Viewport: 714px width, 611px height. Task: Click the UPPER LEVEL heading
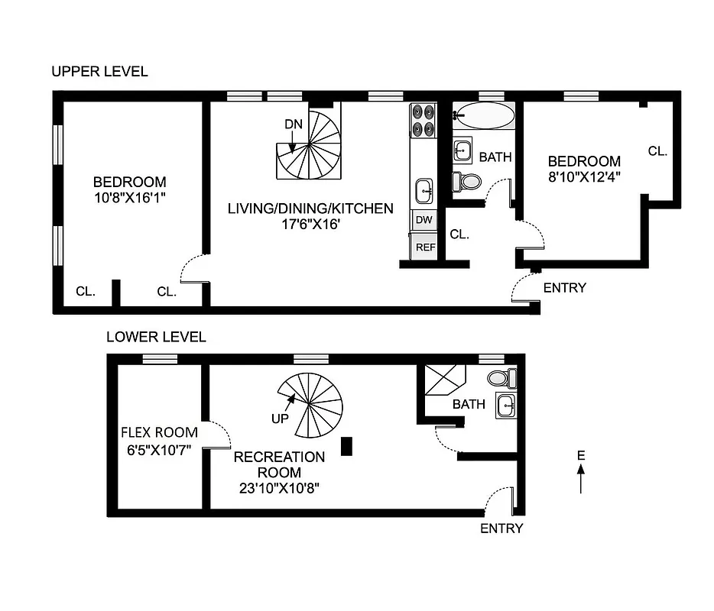[99, 72]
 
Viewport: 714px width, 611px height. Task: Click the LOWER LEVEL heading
[156, 337]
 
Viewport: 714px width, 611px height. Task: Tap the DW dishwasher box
[423, 221]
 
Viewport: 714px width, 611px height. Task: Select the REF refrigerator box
[425, 247]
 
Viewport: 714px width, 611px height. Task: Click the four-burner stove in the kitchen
[422, 120]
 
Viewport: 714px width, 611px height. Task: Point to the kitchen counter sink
[423, 188]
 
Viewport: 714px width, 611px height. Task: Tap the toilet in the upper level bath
[466, 181]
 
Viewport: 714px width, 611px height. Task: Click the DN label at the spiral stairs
[293, 124]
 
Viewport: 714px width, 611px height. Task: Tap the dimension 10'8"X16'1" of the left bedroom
[129, 196]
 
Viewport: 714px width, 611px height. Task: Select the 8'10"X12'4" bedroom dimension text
[584, 176]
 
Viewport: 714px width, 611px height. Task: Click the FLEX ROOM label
[159, 432]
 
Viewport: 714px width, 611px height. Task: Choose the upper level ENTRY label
[564, 288]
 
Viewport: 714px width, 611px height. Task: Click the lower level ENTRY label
[501, 529]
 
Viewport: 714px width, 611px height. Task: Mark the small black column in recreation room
[346, 446]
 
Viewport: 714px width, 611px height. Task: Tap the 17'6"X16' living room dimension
[310, 224]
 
